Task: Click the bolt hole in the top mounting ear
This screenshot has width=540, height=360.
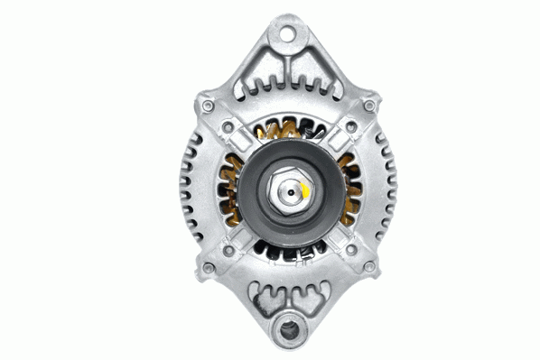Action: pyautogui.click(x=286, y=37)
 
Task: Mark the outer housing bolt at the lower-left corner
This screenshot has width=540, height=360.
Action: pyautogui.click(x=209, y=268)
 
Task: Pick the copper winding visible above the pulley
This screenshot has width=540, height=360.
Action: pyautogui.click(x=287, y=133)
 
